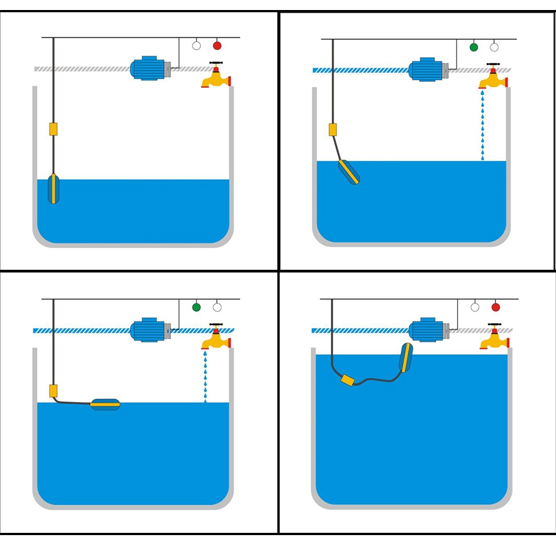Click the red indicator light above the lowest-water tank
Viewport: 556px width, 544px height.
217,46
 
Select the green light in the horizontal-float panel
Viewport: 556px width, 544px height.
196,307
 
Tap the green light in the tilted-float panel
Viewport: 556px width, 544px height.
474,47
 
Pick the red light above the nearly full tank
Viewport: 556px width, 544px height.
495,307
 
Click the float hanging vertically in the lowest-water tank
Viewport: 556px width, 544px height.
53,189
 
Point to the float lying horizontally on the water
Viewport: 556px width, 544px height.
105,405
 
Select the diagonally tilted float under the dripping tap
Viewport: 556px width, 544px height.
349,172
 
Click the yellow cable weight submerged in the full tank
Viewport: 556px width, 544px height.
348,380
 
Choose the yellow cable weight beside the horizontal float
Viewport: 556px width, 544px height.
53,390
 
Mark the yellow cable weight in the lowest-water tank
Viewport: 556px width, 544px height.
53,129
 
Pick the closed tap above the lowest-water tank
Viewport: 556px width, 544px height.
216,76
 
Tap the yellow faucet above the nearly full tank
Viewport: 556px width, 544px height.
494,338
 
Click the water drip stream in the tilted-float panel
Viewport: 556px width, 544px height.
483,125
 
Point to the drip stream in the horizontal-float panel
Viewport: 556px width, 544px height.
205,375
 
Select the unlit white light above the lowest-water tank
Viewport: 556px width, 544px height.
196,46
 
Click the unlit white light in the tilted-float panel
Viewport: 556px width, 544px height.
494,47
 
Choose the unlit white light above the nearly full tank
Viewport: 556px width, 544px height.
475,307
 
